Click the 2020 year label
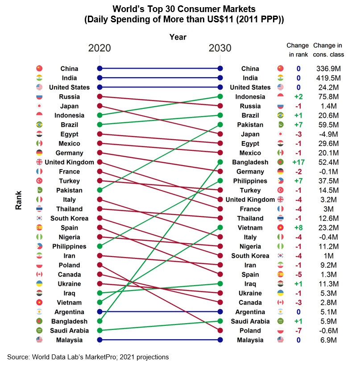tap(99, 48)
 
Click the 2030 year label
tap(220, 48)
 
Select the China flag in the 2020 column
tap(39, 68)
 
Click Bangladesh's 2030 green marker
tap(220, 162)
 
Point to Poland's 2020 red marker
tap(99, 265)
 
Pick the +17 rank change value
tap(298, 162)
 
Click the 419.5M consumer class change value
tap(328, 78)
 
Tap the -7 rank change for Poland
tap(298, 331)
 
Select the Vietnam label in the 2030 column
tap(250, 228)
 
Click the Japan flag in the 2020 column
tap(39, 106)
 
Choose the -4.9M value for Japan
tap(328, 134)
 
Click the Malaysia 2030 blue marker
tap(220, 340)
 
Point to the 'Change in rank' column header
tap(298, 50)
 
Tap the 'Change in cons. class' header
tap(328, 50)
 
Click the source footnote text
tap(88, 357)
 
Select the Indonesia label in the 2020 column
tap(69, 115)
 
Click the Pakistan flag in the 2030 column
tap(280, 125)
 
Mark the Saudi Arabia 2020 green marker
tap(99, 331)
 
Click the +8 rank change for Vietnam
tap(298, 228)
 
